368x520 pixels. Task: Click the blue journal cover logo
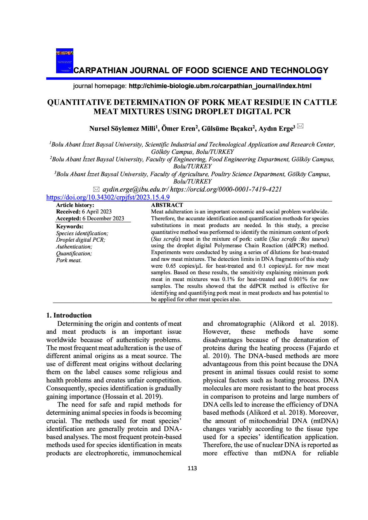pos(65,61)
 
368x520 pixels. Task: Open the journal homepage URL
pos(220,86)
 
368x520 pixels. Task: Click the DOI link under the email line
pos(108,197)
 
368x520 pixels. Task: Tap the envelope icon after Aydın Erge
pos(300,126)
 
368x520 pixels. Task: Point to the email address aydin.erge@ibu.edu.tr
pos(135,189)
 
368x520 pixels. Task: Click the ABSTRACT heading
pos(167,205)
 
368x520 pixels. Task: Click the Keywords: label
pos(70,226)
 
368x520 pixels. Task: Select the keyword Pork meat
pos(69,260)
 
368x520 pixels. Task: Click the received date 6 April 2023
pos(97,212)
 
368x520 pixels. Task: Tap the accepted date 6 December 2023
pos(103,218)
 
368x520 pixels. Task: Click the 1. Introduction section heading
pos(69,315)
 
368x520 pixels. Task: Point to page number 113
pos(192,468)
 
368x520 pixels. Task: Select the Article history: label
pos(75,205)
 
